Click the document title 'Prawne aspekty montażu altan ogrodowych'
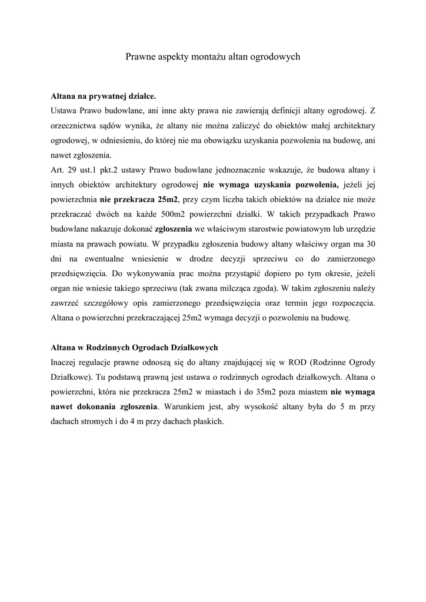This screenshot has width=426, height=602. [213, 57]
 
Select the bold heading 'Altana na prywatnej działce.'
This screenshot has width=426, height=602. [104, 94]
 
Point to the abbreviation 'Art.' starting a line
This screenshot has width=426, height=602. [58, 170]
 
